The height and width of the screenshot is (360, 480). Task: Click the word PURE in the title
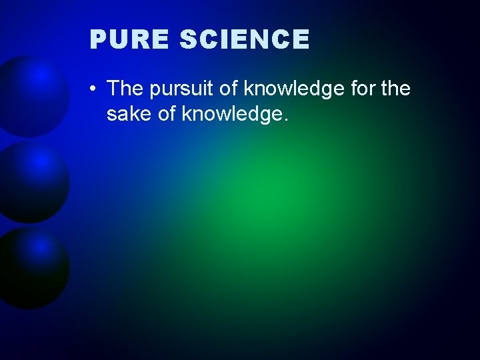(x=129, y=40)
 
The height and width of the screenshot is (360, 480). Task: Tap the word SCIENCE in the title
(x=245, y=40)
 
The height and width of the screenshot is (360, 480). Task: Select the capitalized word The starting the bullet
(x=125, y=88)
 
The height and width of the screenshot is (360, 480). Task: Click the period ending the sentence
(x=286, y=121)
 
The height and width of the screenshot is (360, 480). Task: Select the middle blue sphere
(x=33, y=181)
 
